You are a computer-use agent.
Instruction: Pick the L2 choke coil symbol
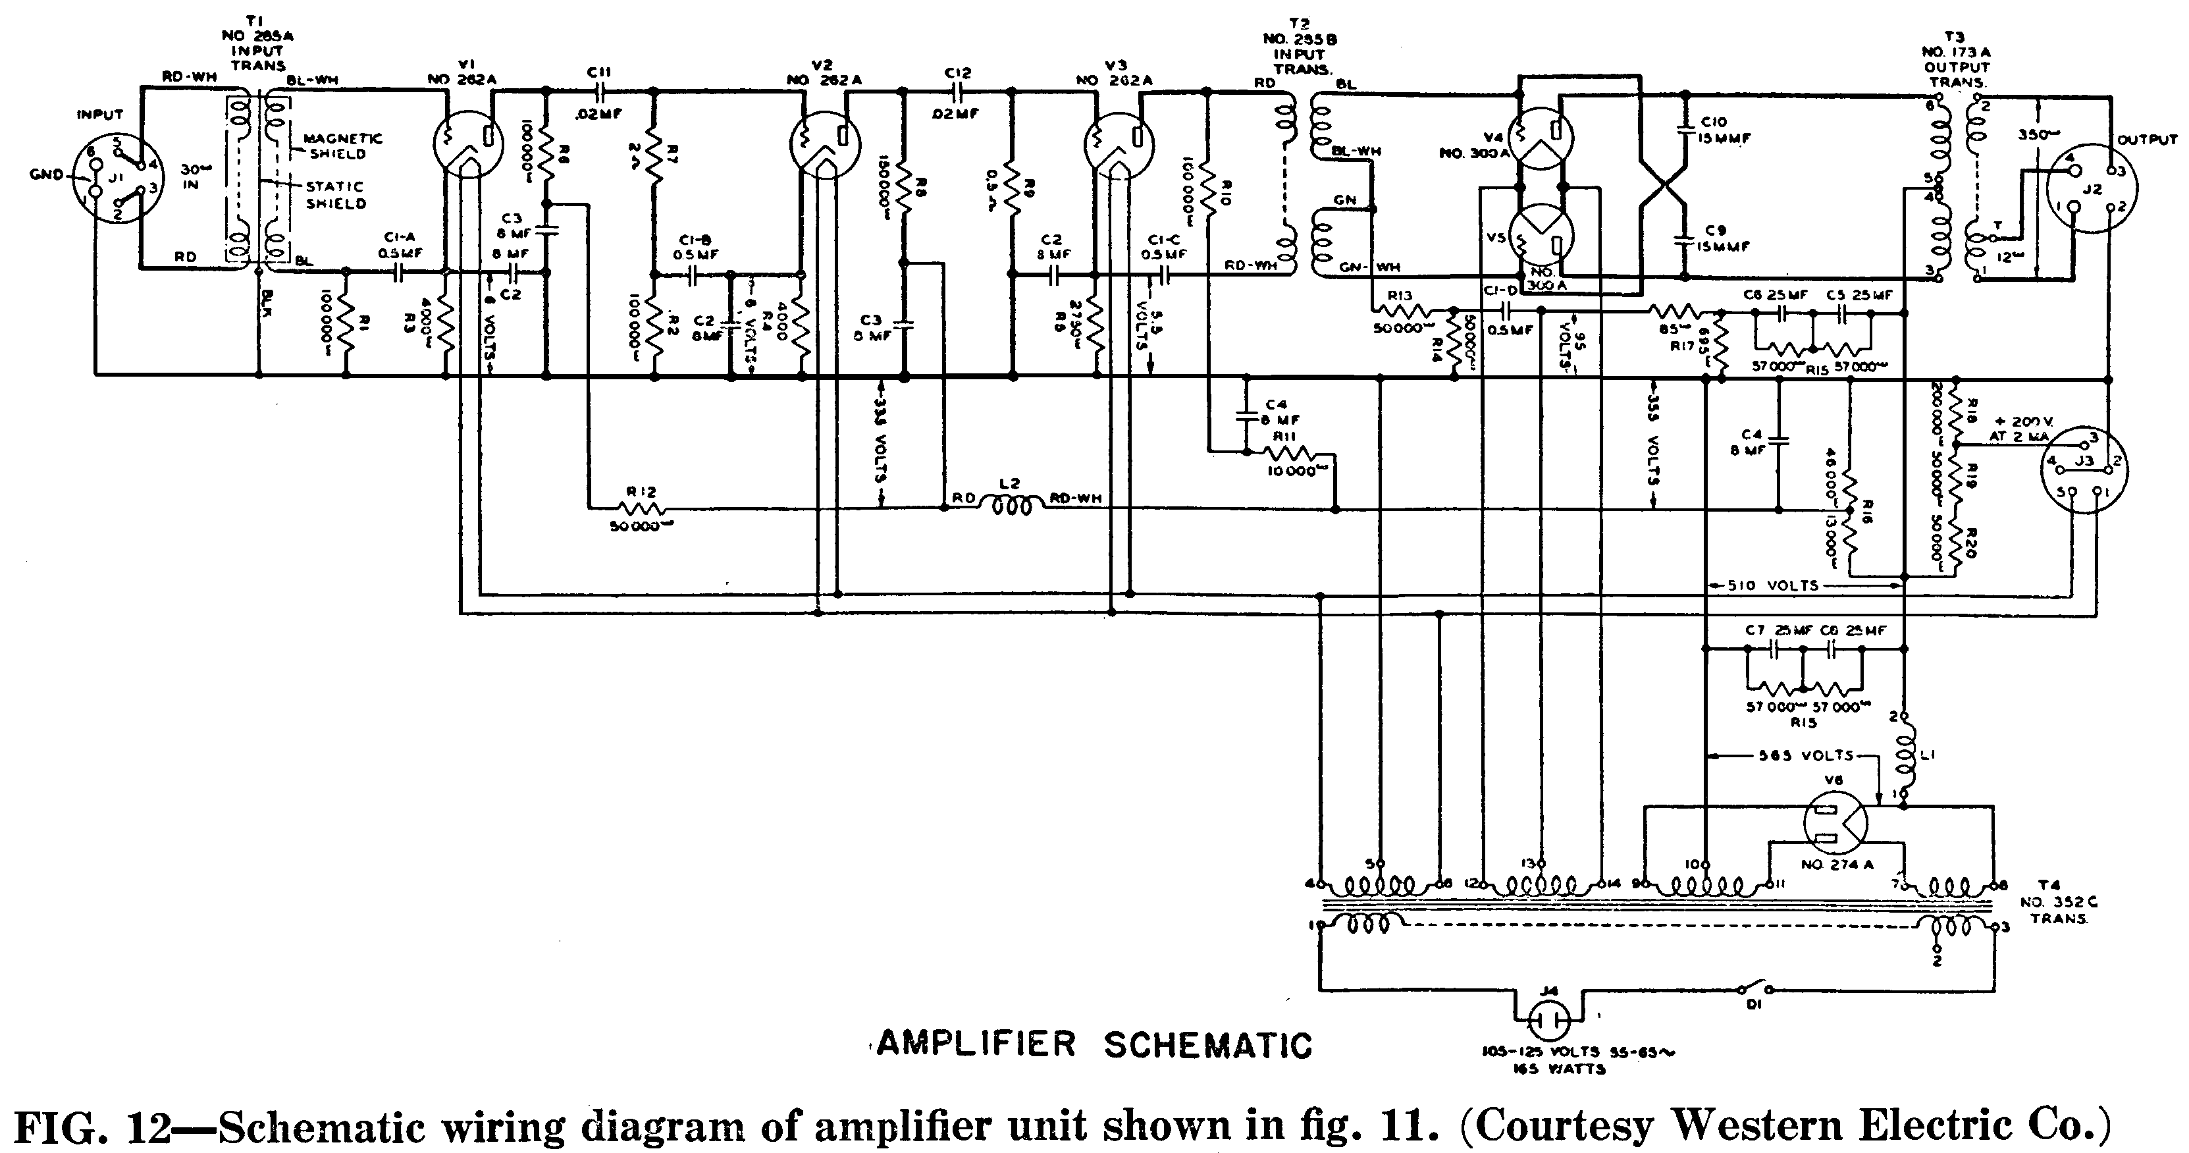(x=1008, y=506)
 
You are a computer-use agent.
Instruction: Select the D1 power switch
(x=1754, y=990)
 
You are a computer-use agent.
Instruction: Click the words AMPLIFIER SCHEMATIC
(x=1094, y=1044)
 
